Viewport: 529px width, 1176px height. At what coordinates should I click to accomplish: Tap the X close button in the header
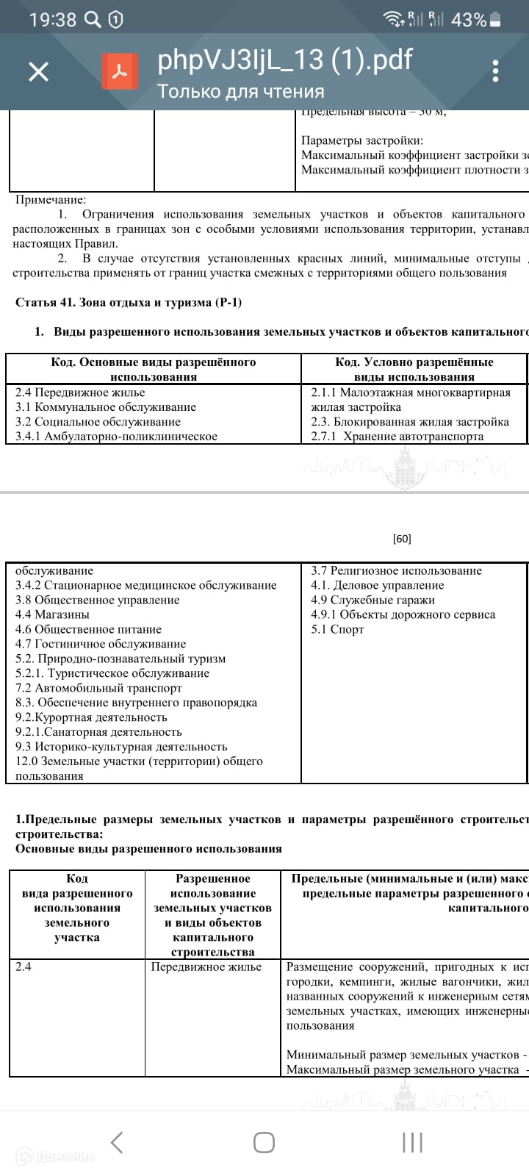click(38, 71)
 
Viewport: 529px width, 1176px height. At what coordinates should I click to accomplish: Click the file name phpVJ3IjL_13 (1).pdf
click(284, 60)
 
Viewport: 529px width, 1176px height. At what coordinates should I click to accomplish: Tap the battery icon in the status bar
click(497, 20)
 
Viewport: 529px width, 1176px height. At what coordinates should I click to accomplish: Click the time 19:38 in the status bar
click(53, 20)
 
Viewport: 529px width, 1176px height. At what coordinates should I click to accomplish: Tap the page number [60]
click(402, 539)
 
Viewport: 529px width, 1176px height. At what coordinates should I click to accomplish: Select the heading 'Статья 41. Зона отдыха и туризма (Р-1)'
click(129, 302)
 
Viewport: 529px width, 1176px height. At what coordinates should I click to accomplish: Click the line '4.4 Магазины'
click(52, 614)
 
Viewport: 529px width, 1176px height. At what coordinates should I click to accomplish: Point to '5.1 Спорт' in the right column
click(337, 629)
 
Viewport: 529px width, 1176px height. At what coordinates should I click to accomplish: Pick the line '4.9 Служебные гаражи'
click(373, 600)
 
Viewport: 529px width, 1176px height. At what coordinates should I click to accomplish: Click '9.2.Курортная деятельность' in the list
click(91, 717)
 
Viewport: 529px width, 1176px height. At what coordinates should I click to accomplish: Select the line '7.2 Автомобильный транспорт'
click(98, 688)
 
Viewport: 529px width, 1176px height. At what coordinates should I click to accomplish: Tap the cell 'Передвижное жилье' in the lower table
click(206, 967)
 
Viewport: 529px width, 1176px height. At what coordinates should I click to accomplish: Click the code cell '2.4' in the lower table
click(24, 967)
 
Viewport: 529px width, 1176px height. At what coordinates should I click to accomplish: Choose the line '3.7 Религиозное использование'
click(396, 570)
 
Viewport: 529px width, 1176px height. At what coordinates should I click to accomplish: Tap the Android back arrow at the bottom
click(116, 1142)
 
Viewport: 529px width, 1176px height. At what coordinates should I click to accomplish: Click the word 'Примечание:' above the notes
click(51, 200)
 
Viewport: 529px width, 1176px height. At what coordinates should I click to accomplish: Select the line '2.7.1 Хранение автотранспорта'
click(397, 437)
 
